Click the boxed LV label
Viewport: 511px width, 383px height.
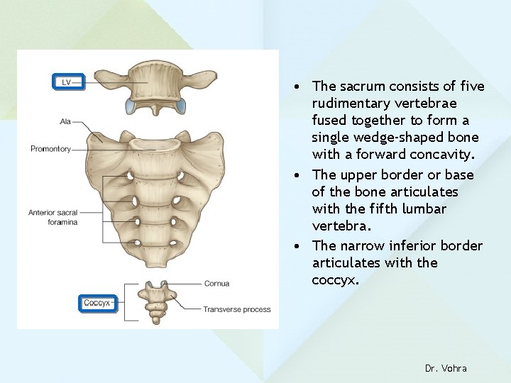click(x=68, y=82)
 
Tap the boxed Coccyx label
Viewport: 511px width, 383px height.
click(x=97, y=303)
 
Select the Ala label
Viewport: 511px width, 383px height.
click(x=67, y=122)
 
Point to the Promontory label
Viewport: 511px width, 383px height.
click(x=50, y=149)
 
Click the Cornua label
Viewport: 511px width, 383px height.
click(x=215, y=284)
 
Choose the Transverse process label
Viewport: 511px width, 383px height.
click(x=236, y=309)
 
